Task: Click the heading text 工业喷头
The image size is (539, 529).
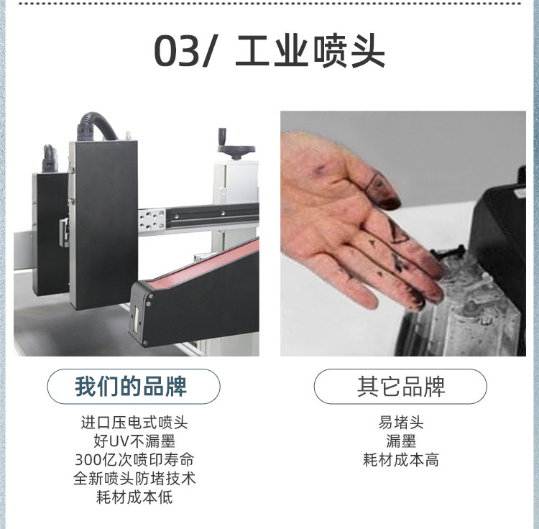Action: pos(310,52)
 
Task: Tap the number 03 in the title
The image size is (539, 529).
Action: pos(177,52)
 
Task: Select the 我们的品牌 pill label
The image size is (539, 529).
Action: pos(134,386)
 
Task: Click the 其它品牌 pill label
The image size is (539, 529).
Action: pos(400,387)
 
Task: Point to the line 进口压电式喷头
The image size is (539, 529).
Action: pos(134,422)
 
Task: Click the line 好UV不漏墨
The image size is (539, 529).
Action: pos(134,441)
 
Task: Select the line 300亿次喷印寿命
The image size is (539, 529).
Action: pos(134,459)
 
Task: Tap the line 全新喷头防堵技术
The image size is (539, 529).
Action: pos(134,478)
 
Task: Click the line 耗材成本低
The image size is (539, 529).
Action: pos(134,497)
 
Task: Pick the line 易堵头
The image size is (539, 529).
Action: pos(401,422)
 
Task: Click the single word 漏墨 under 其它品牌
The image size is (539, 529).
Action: pos(401,441)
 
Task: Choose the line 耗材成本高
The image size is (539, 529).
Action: pos(401,459)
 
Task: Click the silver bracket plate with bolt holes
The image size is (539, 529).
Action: pos(152,219)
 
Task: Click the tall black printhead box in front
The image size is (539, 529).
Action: pos(103,224)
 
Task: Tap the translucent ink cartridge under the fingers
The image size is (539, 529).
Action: pos(468,309)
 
